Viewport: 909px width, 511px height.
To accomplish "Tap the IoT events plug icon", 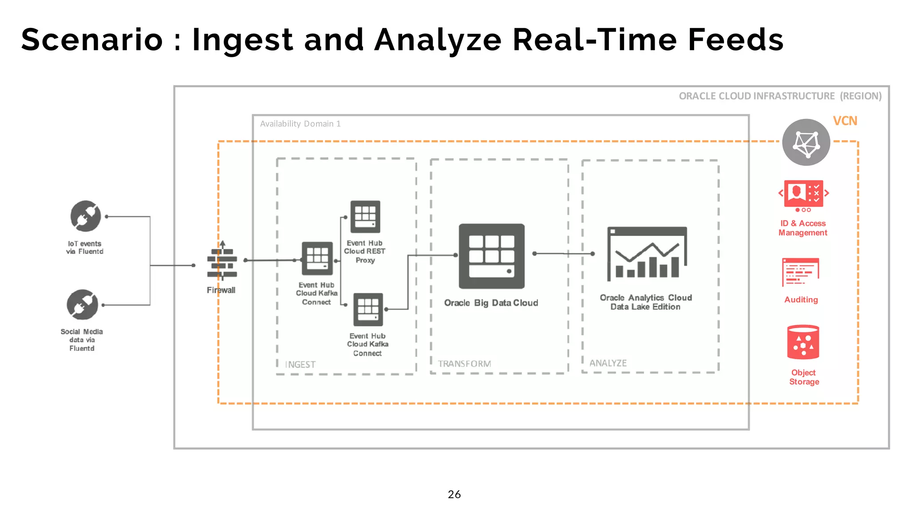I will [86, 216].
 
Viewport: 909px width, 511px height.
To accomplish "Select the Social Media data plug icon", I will [82, 304].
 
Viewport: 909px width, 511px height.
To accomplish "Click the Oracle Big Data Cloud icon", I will [491, 256].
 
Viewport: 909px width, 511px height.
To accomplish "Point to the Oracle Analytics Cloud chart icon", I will [647, 253].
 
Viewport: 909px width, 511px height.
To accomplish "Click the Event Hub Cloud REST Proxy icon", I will [365, 217].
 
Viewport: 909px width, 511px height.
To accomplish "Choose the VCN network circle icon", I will [806, 142].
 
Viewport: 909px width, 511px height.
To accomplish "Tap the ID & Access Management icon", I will [803, 194].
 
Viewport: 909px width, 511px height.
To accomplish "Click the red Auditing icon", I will [800, 272].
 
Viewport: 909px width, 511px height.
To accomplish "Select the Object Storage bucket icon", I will [803, 342].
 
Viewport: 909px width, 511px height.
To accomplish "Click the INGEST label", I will [300, 365].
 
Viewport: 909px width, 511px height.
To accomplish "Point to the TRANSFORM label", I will [464, 364].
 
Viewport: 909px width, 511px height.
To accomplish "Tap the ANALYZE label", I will [608, 363].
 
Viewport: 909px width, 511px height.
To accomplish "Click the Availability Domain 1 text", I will [300, 124].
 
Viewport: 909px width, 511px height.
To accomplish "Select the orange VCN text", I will [845, 121].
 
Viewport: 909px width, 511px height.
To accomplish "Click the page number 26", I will [454, 494].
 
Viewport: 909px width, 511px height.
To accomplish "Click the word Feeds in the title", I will [735, 40].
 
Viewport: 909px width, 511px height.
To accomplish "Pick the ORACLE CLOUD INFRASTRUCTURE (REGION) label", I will [780, 96].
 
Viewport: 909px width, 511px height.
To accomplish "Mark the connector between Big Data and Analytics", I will [564, 254].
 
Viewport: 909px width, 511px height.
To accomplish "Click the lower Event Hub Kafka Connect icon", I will [368, 309].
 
